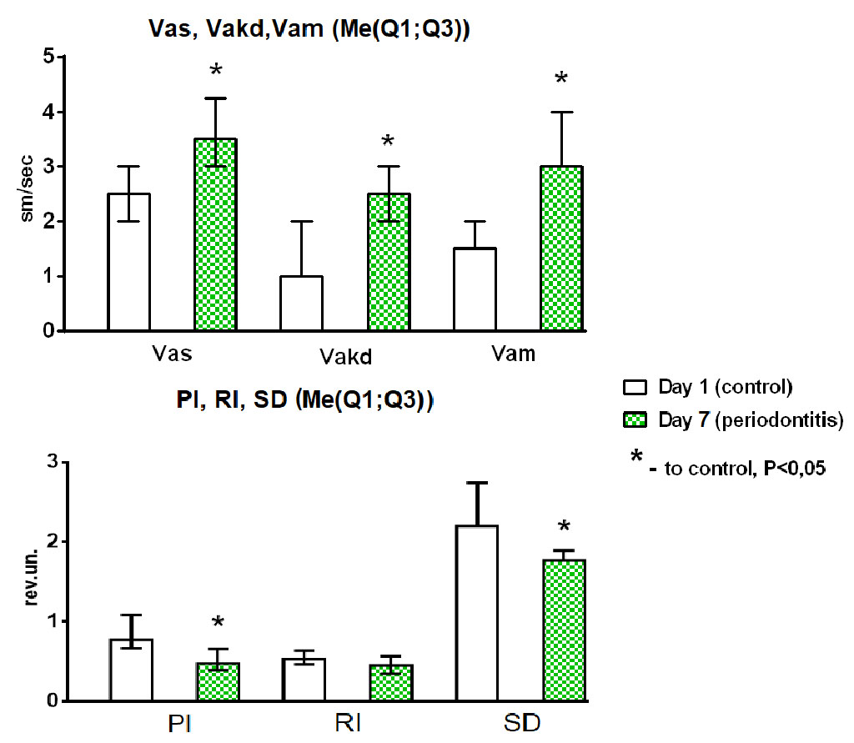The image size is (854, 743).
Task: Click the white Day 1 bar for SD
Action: click(476, 613)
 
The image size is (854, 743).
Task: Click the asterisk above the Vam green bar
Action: click(561, 80)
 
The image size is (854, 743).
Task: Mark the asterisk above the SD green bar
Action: click(564, 527)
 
